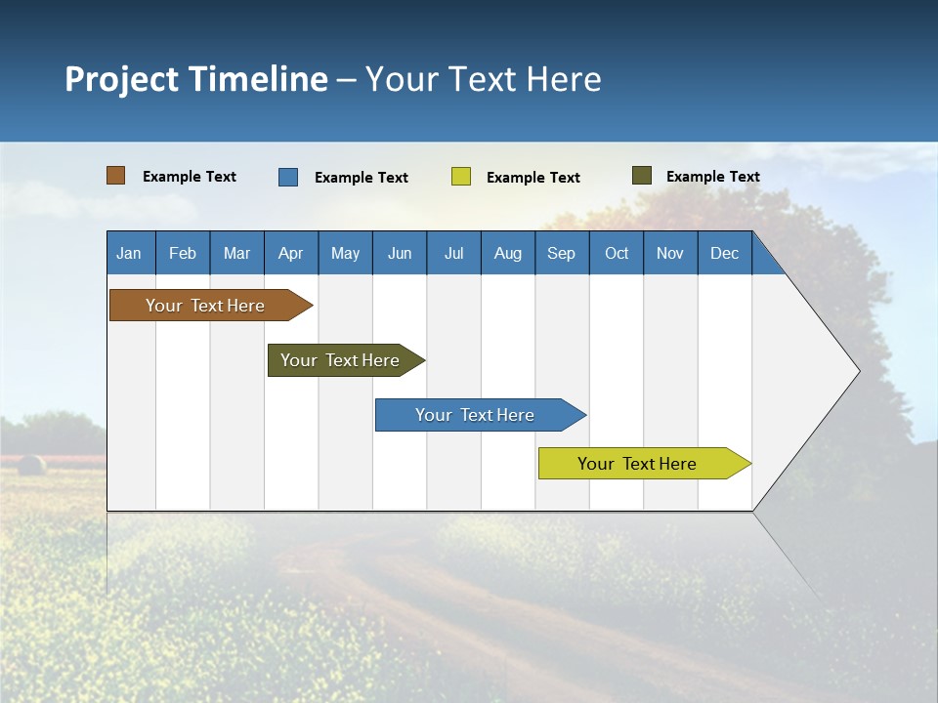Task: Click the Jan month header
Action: (130, 253)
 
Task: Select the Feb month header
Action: (183, 253)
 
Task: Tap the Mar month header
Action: (236, 253)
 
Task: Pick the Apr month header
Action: (291, 253)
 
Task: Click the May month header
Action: (345, 253)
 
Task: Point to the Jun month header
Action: (400, 253)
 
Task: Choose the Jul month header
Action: (453, 253)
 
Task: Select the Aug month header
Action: (508, 253)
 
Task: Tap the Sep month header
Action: (562, 253)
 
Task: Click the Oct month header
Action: (617, 253)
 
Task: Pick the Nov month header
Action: (670, 253)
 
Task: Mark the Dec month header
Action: (725, 253)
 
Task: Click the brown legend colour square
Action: (116, 176)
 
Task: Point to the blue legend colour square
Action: (288, 177)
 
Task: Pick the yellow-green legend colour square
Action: (461, 177)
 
